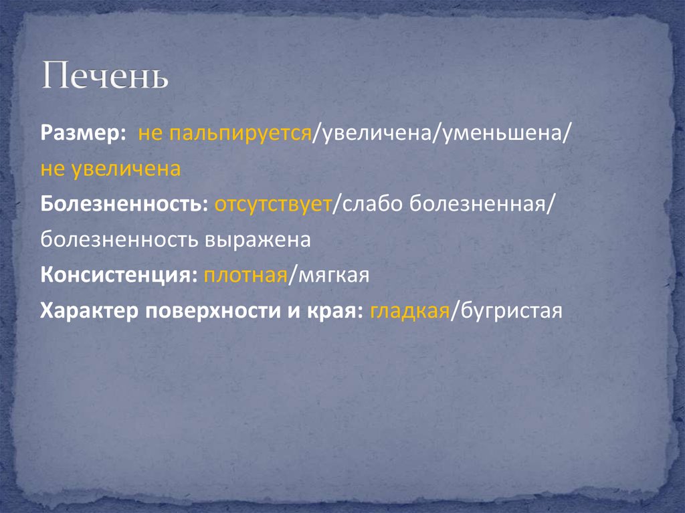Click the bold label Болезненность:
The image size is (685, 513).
(124, 204)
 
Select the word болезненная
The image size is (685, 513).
(480, 204)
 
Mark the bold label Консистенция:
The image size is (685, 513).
(118, 275)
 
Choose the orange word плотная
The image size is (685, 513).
(246, 275)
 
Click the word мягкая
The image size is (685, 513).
(330, 275)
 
